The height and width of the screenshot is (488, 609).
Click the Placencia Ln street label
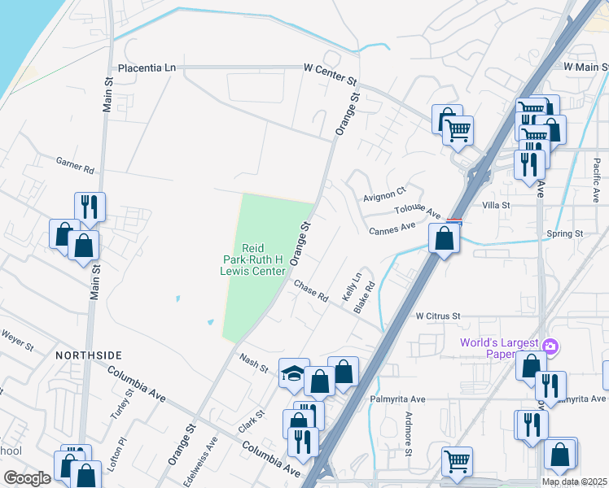(x=147, y=68)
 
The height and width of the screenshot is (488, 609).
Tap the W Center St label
(x=331, y=68)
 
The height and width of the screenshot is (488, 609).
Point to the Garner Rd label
(x=75, y=166)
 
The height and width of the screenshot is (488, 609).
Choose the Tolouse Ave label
(x=417, y=210)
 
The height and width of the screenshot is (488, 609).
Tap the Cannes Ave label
(x=392, y=229)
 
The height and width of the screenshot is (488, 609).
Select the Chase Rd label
(x=310, y=291)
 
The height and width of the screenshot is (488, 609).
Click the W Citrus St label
(x=438, y=316)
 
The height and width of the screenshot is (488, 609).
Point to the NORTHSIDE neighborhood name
(x=89, y=355)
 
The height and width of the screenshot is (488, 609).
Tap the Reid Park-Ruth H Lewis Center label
(x=262, y=259)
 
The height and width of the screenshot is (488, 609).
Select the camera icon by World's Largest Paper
(x=550, y=346)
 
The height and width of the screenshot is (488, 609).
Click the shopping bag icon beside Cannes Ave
(x=444, y=238)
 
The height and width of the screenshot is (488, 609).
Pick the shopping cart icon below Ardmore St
(x=457, y=461)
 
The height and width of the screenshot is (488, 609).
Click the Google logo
(x=27, y=478)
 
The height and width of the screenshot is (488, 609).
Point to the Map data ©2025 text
(x=575, y=481)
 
